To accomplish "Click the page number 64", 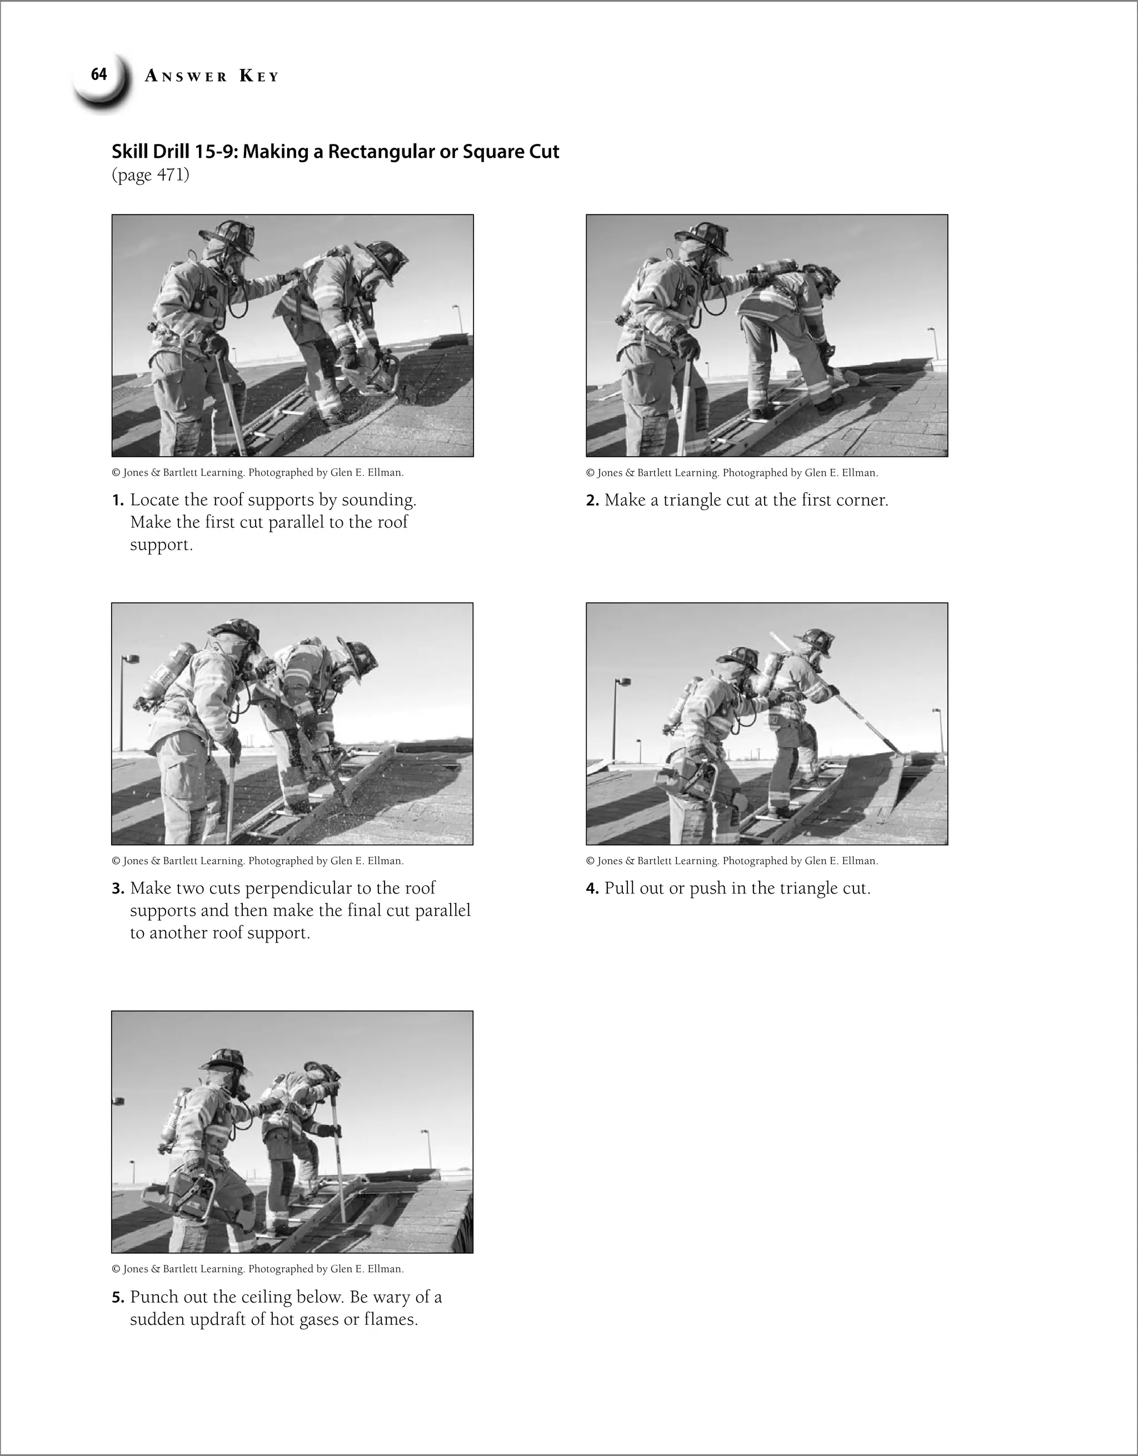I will pyautogui.click(x=99, y=74).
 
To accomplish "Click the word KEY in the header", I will pyautogui.click(x=259, y=77).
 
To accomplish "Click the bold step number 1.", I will pyautogui.click(x=117, y=501).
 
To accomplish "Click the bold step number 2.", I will pyautogui.click(x=592, y=501).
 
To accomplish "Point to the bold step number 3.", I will pyautogui.click(x=117, y=889).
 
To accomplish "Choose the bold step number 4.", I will pyautogui.click(x=592, y=889).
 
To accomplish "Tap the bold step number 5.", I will pyautogui.click(x=117, y=1297).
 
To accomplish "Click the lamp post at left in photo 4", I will pyautogui.click(x=617, y=720).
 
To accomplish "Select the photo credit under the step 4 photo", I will pyautogui.click(x=731, y=861).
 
